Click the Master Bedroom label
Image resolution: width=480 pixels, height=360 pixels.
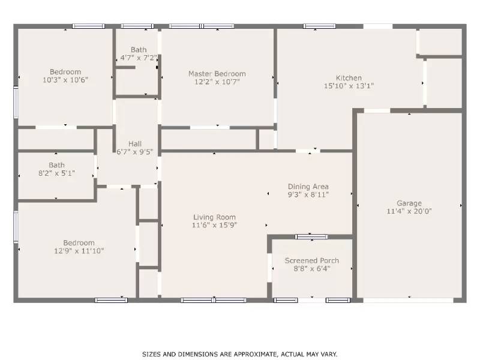pos(217,74)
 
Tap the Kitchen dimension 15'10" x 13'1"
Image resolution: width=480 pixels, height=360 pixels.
pos(349,86)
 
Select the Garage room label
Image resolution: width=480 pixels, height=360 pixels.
pos(409,203)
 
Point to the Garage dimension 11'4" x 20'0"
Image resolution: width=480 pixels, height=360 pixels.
pos(409,211)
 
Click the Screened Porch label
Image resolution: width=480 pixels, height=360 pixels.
pos(311,260)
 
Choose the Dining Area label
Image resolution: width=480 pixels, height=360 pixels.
pos(308,187)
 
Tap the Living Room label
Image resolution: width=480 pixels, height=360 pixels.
pos(214,217)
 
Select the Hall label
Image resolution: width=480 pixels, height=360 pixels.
pos(135,143)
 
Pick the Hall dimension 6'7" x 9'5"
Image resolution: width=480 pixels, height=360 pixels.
pos(135,152)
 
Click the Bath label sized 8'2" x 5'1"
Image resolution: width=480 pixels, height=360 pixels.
pos(57,165)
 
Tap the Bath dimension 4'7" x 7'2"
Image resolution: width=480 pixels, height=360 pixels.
pos(139,58)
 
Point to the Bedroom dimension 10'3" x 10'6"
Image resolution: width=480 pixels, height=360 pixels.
pos(65,80)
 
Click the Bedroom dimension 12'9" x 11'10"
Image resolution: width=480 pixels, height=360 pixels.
pos(79,251)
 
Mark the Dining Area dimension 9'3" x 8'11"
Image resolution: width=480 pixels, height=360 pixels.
pos(308,194)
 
